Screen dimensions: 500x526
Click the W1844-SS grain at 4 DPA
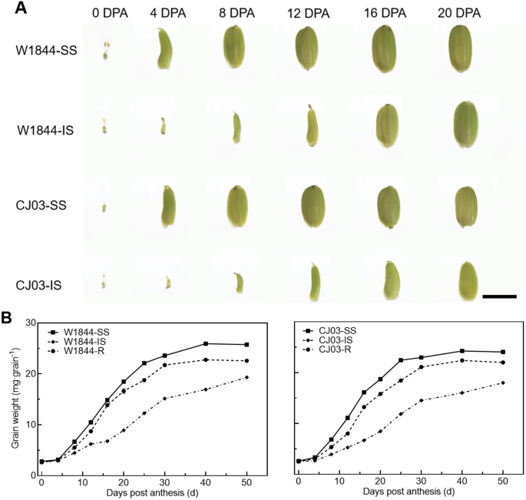coord(164,48)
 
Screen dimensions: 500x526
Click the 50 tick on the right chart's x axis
coord(502,480)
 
